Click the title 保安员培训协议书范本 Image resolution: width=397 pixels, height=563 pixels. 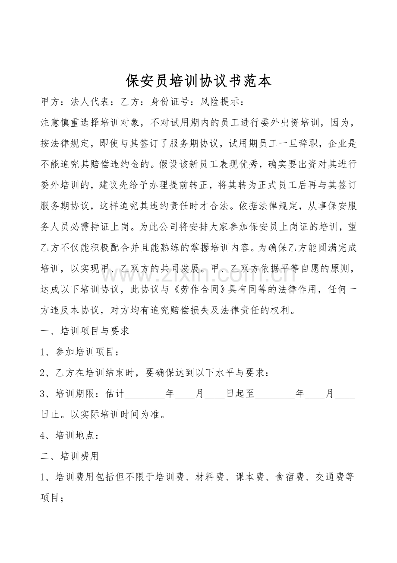pyautogui.click(x=198, y=80)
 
